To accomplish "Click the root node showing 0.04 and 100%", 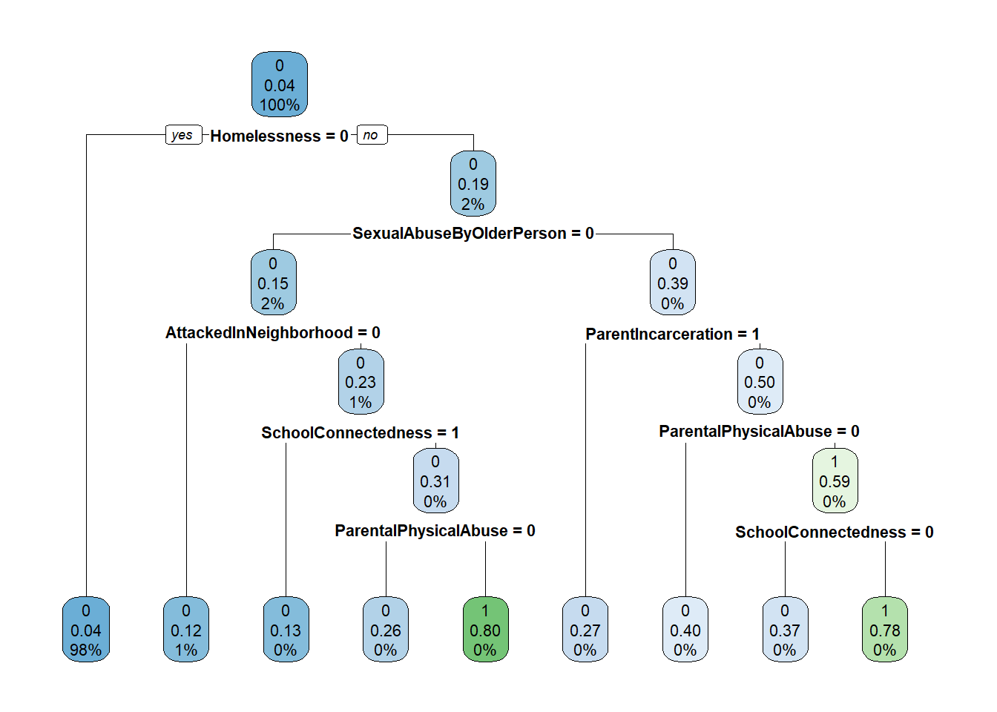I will [x=280, y=85].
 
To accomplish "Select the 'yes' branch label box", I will [x=182, y=135].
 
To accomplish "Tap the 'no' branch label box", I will [x=372, y=135].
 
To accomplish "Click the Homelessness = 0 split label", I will [x=279, y=136].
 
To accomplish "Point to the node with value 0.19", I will [x=473, y=184].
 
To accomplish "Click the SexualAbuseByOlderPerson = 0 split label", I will [x=473, y=234].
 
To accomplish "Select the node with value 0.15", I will [x=273, y=283].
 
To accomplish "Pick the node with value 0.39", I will [x=673, y=283].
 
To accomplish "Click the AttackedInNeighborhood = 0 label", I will [x=273, y=333].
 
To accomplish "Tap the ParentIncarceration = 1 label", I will [x=673, y=334].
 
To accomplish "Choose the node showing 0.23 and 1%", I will [x=361, y=382].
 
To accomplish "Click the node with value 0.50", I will [x=760, y=382].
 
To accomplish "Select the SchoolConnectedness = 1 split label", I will [x=361, y=433].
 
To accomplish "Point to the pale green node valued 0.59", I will [x=835, y=481].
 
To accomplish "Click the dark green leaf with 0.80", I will [x=485, y=630].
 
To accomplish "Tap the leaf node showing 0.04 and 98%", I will [x=86, y=630].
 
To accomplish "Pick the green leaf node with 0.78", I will [x=885, y=630].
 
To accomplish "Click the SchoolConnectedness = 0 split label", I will [x=835, y=533].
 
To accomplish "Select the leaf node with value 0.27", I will [x=585, y=630].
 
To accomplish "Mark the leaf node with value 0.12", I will [x=186, y=630].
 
